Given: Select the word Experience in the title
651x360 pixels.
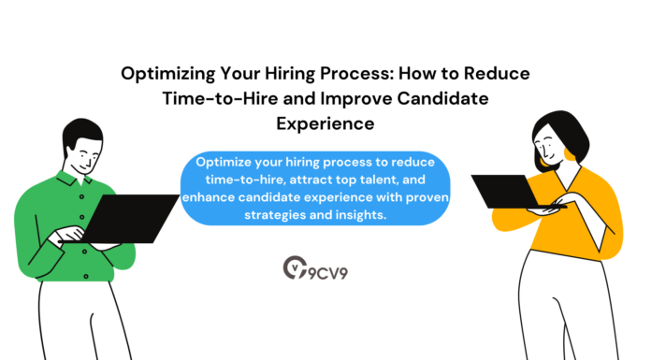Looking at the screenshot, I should pyautogui.click(x=325, y=122).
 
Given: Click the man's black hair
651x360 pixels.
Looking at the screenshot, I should pyautogui.click(x=79, y=137).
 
